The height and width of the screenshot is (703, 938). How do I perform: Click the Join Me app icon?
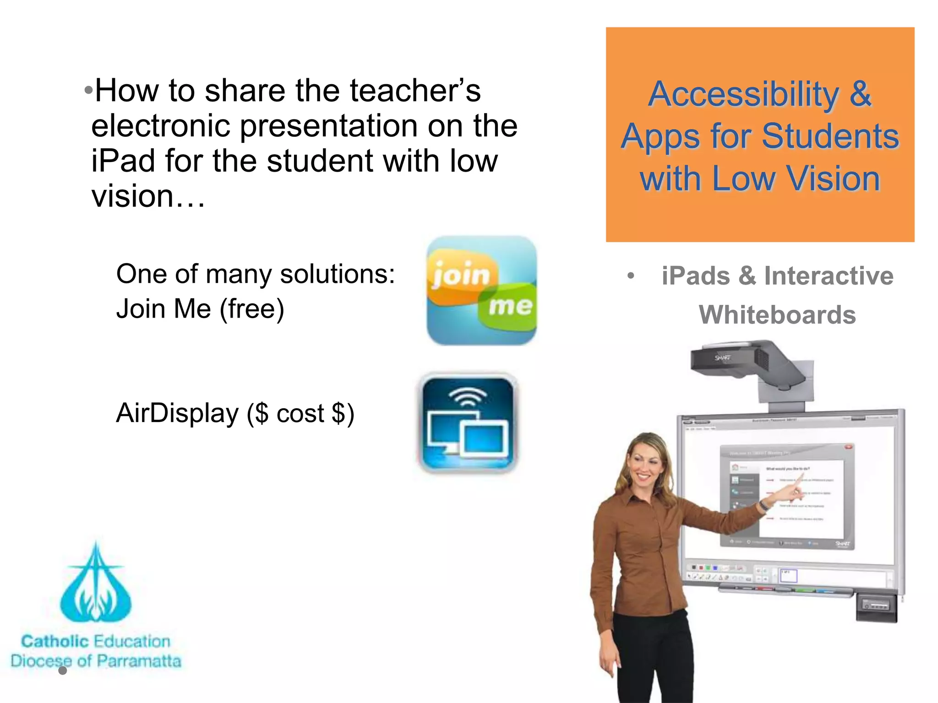tap(481, 290)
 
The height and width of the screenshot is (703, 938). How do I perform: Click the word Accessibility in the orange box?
tap(743, 94)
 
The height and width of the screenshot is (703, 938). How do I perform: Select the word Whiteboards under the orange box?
tap(777, 315)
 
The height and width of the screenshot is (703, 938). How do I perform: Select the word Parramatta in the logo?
tap(139, 661)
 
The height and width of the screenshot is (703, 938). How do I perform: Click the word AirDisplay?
tap(177, 413)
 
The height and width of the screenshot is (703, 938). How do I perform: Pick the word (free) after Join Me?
tap(252, 309)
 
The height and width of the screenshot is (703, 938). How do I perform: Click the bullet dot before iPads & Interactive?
tap(631, 276)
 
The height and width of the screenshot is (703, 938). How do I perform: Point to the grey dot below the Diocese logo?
tap(63, 671)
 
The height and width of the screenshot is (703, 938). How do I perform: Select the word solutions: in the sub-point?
tap(337, 274)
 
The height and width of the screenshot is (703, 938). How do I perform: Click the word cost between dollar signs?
tap(300, 414)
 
